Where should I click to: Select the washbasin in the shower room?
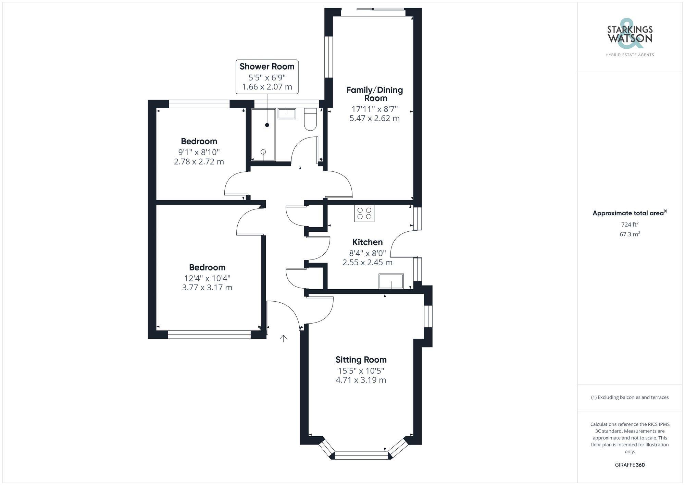(x=287, y=113)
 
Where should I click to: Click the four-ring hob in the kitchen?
(x=364, y=213)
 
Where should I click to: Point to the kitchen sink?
(x=391, y=281)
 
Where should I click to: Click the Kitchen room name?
(x=367, y=242)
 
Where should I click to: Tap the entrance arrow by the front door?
(x=283, y=339)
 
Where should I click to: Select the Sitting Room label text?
(x=361, y=360)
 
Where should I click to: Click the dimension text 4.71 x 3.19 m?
(x=361, y=380)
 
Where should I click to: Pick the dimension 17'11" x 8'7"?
(x=374, y=109)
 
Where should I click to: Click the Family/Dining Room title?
(x=374, y=94)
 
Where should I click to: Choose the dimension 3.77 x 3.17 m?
(x=207, y=287)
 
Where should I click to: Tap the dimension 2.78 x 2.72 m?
(x=199, y=161)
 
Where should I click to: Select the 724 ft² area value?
(x=630, y=225)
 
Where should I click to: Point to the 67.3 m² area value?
(x=630, y=234)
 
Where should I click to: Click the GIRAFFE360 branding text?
(x=630, y=465)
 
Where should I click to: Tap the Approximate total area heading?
(x=628, y=213)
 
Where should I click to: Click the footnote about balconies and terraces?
(x=630, y=397)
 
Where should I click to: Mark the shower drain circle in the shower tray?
(x=263, y=152)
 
